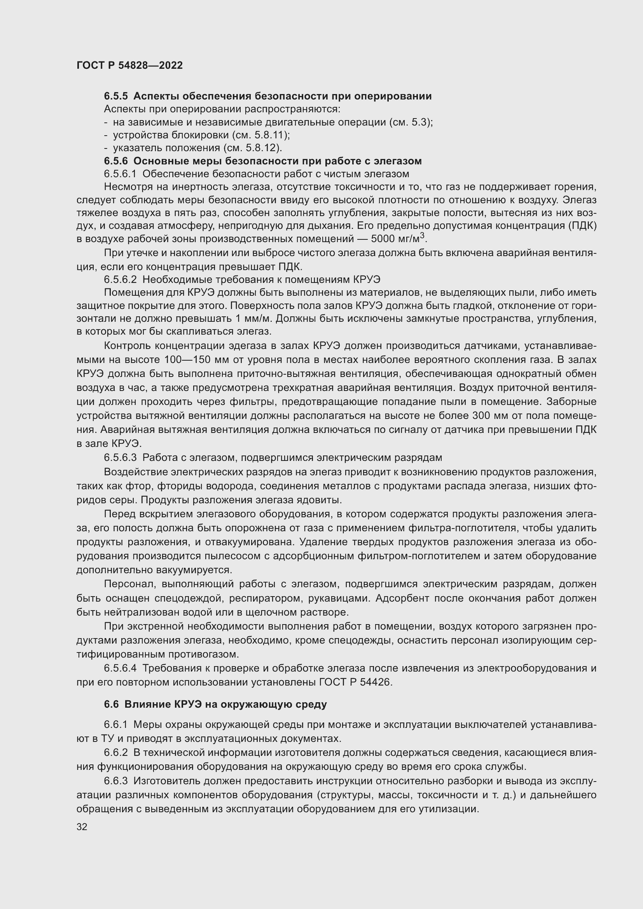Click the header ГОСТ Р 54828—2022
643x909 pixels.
[x=129, y=65]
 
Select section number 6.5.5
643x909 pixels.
[x=116, y=96]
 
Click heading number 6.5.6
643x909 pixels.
[x=116, y=161]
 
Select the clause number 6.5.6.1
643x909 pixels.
[x=120, y=174]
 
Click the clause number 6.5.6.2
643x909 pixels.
[x=121, y=279]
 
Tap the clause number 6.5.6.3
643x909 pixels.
[x=121, y=458]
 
